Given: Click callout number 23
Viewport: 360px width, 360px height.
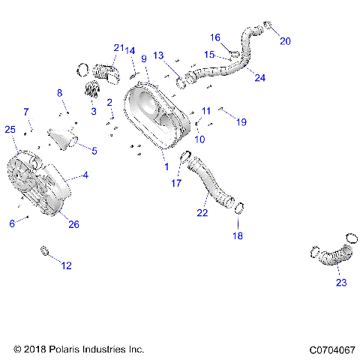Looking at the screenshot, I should point(341,283).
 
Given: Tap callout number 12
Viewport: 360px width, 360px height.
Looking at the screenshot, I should point(67,265).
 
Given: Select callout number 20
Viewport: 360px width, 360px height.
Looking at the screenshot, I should point(284,41).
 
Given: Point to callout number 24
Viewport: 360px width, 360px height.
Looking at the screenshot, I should point(259,77).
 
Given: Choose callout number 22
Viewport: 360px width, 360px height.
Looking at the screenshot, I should point(202,213).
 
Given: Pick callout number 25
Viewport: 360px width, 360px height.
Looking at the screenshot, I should point(10,130).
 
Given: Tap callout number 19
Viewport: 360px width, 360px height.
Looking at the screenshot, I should point(241,121).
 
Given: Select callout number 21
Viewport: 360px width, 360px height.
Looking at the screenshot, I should point(118,48).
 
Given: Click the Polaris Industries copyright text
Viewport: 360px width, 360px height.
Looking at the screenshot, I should point(79,349).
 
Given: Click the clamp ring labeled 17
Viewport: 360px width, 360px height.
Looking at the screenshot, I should point(183,157).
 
